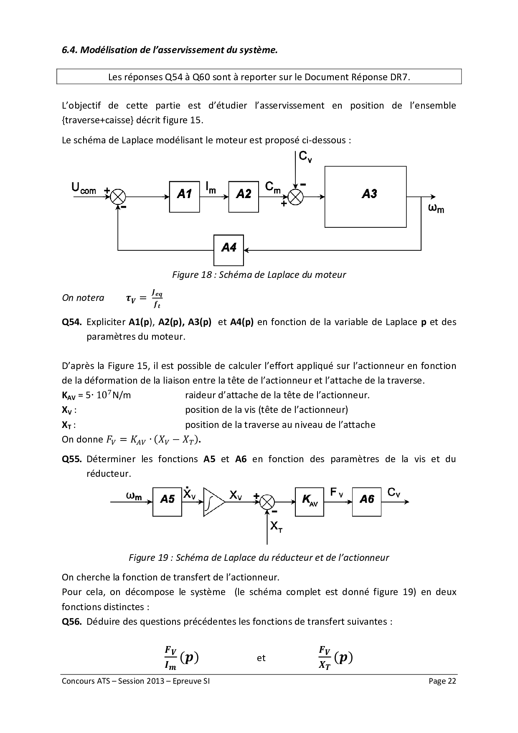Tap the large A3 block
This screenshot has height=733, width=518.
[x=366, y=196]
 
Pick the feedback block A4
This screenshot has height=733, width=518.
[x=229, y=250]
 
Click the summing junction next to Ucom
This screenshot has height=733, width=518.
[x=119, y=196]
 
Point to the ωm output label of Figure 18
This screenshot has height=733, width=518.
[x=436, y=208]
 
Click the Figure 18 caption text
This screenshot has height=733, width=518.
[x=259, y=275]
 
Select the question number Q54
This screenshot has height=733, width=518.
[x=71, y=322]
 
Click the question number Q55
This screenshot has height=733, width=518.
[x=71, y=459]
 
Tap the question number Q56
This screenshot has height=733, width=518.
[x=71, y=621]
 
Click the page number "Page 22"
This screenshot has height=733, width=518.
[x=442, y=682]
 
